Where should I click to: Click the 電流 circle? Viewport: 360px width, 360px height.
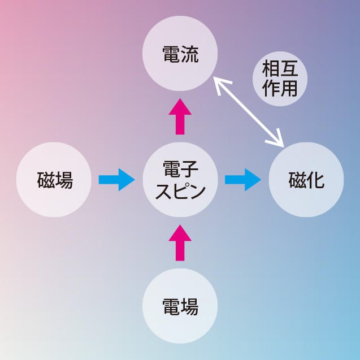point(180,55)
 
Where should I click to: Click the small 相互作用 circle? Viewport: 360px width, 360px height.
point(280,77)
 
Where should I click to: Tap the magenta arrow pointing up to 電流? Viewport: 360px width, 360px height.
point(180,116)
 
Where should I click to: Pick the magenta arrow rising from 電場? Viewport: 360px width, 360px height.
point(180,242)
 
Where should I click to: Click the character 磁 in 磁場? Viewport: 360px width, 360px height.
point(46,180)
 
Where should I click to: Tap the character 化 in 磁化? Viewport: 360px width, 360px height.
point(316,180)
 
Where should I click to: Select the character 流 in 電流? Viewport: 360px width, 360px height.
point(190,55)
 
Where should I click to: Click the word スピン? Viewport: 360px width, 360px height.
point(180,190)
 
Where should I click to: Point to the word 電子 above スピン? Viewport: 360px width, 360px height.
point(180,169)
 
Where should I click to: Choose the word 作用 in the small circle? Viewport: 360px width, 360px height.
point(280,88)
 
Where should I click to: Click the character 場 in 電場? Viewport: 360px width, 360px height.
point(190,306)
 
